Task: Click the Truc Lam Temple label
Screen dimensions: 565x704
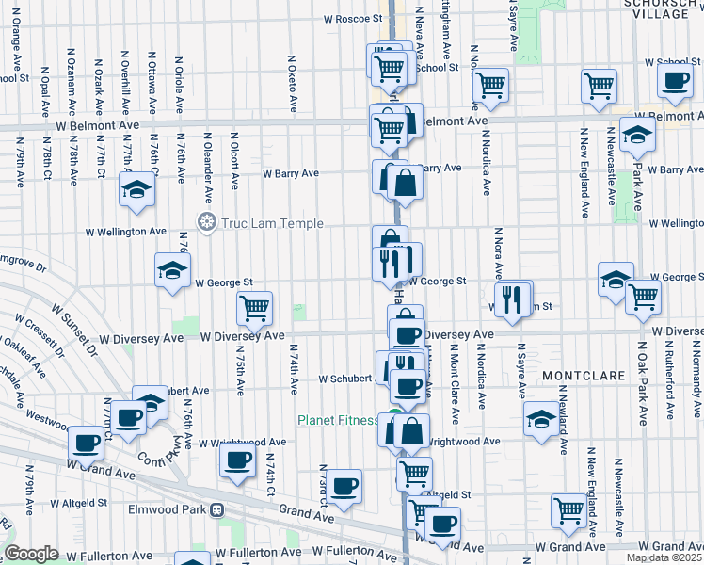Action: coord(272,223)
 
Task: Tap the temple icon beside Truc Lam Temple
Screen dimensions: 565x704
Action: coord(206,223)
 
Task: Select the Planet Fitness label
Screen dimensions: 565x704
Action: coord(339,420)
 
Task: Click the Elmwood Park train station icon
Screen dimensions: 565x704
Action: coord(217,511)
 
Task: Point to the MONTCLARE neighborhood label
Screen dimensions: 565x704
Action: coord(584,375)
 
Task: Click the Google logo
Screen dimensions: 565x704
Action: coord(31,554)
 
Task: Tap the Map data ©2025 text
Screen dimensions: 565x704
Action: coord(664,557)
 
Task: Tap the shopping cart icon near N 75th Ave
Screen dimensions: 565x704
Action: coord(254,306)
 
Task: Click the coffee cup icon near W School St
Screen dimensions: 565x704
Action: coord(674,81)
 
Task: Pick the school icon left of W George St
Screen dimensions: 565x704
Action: coord(172,271)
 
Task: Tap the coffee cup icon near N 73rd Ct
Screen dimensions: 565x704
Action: coord(344,486)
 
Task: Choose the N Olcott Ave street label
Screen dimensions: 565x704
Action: coord(234,156)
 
